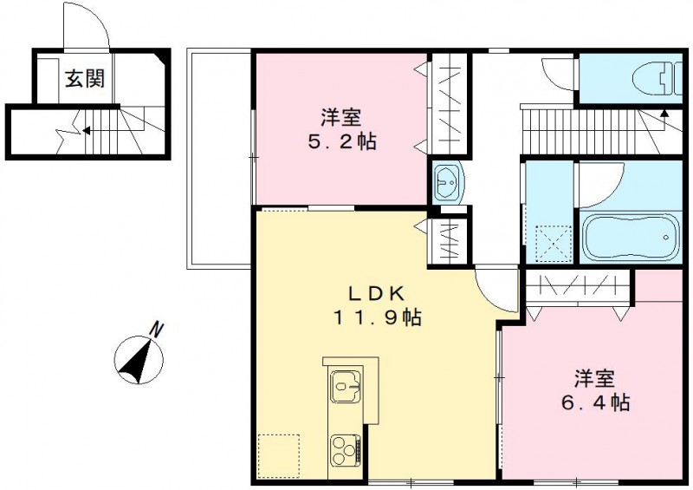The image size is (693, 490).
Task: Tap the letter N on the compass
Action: [x=156, y=330]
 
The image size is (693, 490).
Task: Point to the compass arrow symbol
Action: [x=139, y=359]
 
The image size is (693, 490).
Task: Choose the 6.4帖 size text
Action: [x=594, y=402]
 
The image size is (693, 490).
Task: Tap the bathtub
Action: [x=629, y=236]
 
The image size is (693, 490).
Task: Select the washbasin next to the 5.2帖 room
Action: [x=449, y=183]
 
